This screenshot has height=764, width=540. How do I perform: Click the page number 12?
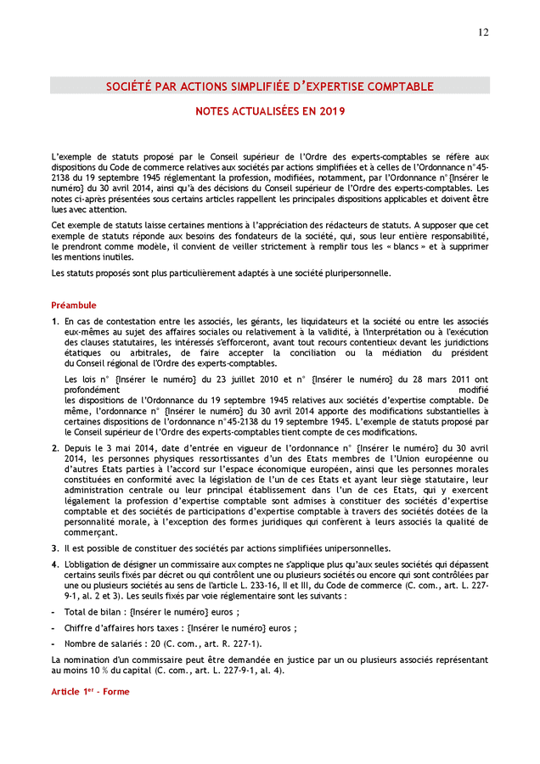[x=483, y=32]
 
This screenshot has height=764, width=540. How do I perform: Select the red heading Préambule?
[x=74, y=305]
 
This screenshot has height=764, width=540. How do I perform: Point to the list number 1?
[x=54, y=322]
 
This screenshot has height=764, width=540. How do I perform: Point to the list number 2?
[x=54, y=447]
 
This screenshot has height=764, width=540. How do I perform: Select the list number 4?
[x=54, y=565]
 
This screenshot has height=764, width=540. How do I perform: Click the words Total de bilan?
[x=90, y=612]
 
